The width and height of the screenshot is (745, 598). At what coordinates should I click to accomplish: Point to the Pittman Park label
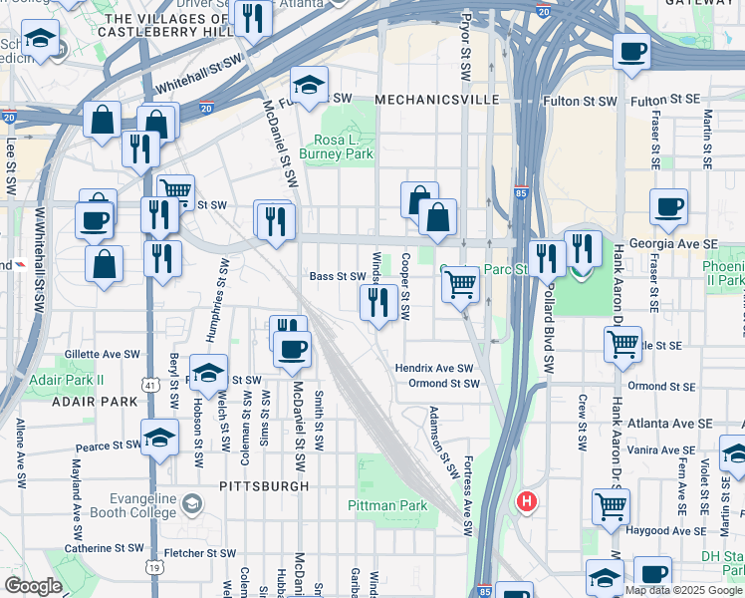click(x=387, y=505)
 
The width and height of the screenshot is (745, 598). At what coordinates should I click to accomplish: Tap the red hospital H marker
click(x=526, y=501)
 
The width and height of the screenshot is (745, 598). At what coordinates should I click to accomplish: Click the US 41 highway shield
click(x=148, y=383)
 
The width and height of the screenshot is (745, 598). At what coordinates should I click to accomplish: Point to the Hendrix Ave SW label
click(x=433, y=368)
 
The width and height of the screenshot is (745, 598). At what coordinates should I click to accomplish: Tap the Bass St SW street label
click(x=338, y=276)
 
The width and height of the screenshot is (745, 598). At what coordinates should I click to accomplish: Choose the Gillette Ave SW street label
click(x=104, y=354)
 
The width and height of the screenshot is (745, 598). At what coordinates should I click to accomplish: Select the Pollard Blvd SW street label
click(x=547, y=315)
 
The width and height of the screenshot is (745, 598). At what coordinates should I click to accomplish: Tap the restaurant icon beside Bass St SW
click(x=377, y=301)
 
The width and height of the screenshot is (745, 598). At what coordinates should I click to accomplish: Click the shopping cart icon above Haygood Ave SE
click(x=611, y=505)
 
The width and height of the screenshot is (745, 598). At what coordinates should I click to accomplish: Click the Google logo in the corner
click(x=33, y=586)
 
